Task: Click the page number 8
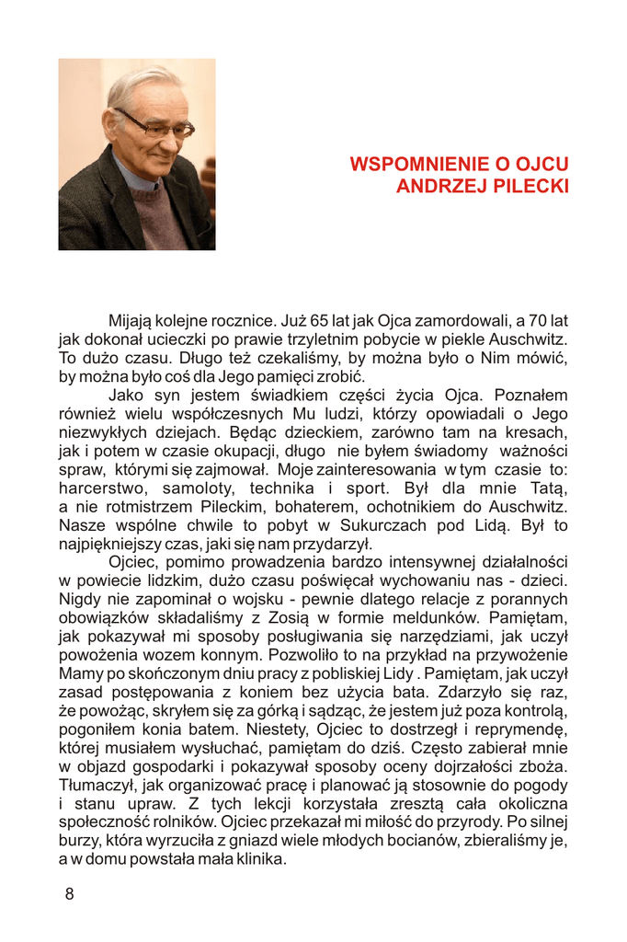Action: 69,894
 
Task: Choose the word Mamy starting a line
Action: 80,673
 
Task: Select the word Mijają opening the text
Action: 132,321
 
